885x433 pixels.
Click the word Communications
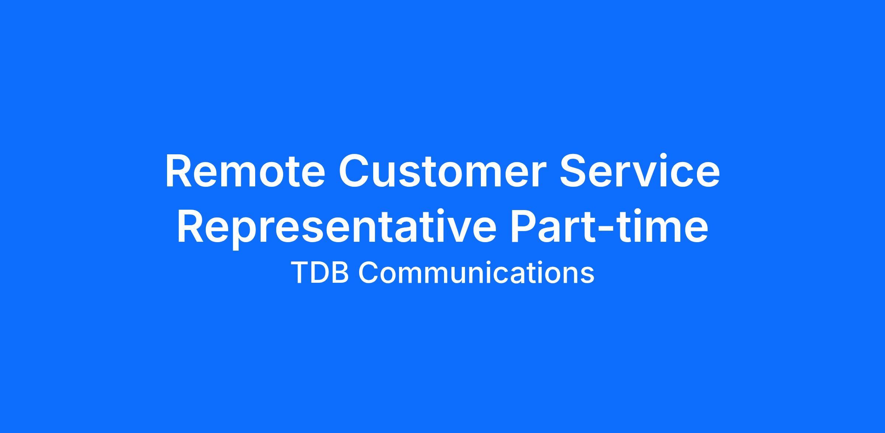(x=476, y=273)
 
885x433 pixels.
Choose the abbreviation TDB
(x=320, y=273)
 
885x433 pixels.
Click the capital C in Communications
(x=368, y=273)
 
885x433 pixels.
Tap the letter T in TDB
(x=299, y=273)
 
